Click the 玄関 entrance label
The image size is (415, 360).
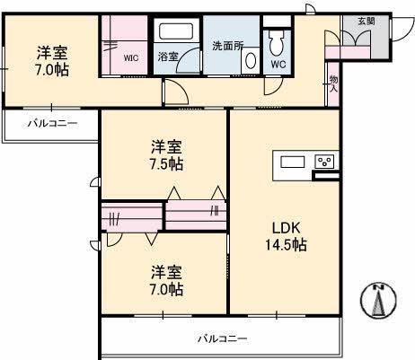click(x=366, y=21)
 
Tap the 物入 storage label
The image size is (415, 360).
click(x=333, y=83)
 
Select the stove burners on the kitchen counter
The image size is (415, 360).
click(x=324, y=162)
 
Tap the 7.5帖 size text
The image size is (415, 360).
click(x=166, y=164)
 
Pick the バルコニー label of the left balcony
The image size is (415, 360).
click(x=51, y=123)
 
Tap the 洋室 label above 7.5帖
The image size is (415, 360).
click(x=166, y=146)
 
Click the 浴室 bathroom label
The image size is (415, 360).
click(x=168, y=57)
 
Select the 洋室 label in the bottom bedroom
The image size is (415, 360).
click(x=166, y=271)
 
